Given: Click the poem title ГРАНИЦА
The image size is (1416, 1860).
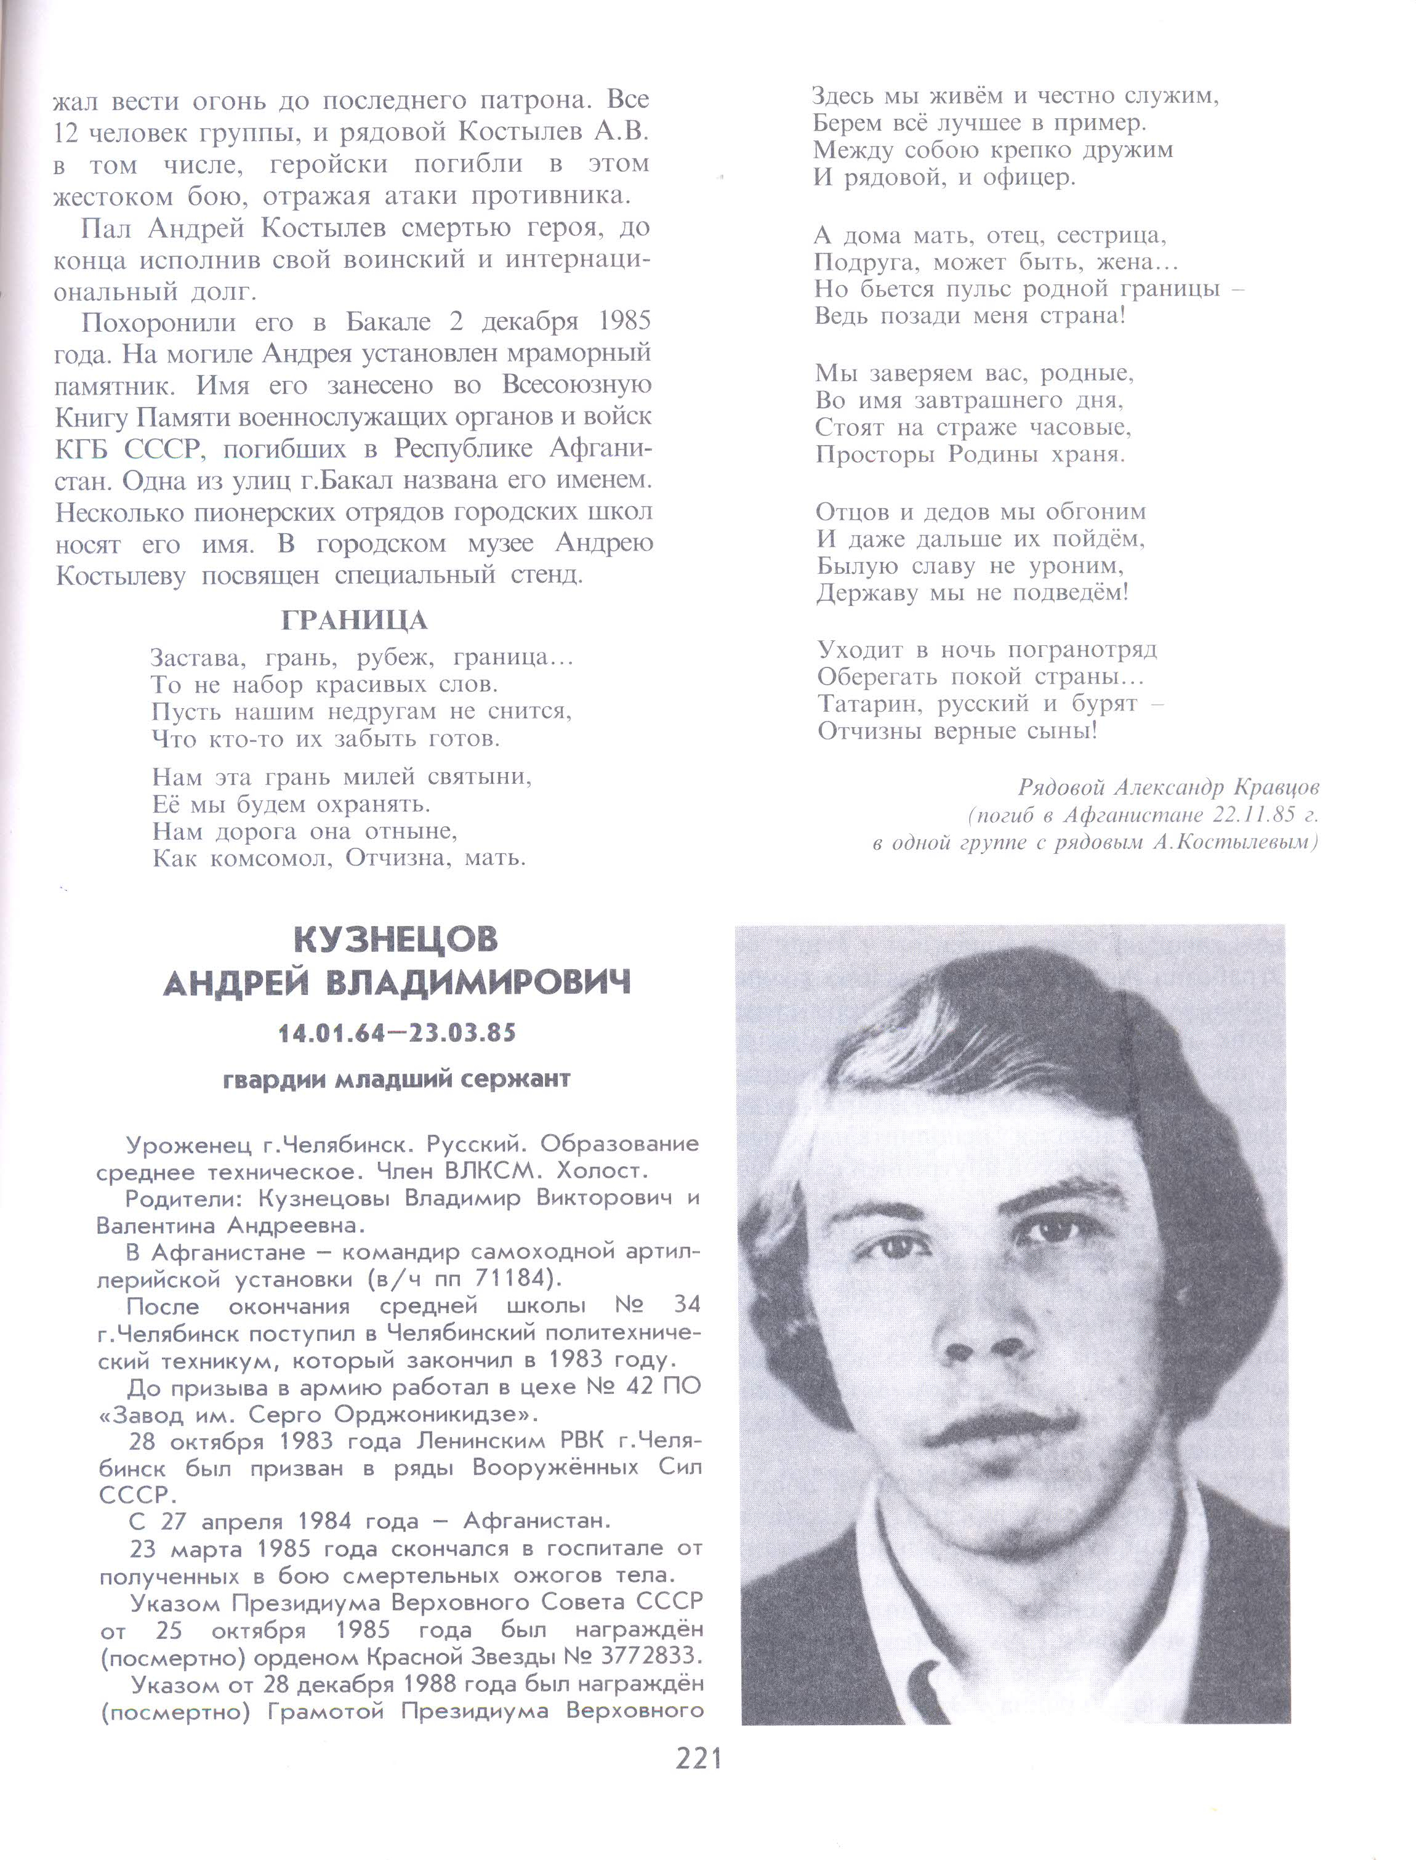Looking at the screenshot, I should tap(354, 621).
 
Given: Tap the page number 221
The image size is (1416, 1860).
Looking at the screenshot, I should tap(699, 1760).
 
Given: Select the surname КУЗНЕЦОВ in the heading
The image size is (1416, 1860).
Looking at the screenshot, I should tap(396, 940).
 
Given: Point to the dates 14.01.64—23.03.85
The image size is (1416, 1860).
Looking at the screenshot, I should tap(397, 1033).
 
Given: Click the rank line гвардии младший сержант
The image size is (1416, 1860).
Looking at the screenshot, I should tap(397, 1079).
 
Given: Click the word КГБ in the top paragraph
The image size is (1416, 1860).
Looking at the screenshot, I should tap(82, 449).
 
